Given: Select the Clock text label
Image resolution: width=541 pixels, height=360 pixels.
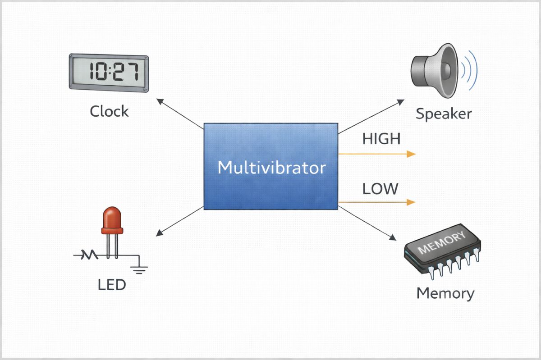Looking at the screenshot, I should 109,111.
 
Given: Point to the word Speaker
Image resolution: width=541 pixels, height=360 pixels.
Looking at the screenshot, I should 443,114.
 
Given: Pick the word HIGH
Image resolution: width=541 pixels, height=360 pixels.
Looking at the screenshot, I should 381,139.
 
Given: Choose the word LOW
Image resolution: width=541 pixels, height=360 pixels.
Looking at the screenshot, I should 380,188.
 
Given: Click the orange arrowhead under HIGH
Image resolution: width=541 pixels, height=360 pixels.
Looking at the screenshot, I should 410,154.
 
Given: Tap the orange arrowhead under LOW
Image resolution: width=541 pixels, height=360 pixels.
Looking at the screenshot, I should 410,202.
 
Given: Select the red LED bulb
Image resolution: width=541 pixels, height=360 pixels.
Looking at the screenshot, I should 112,219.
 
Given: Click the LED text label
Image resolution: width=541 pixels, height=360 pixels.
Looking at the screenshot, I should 111,285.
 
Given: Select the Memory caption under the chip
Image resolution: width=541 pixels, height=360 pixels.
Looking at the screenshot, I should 445,293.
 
